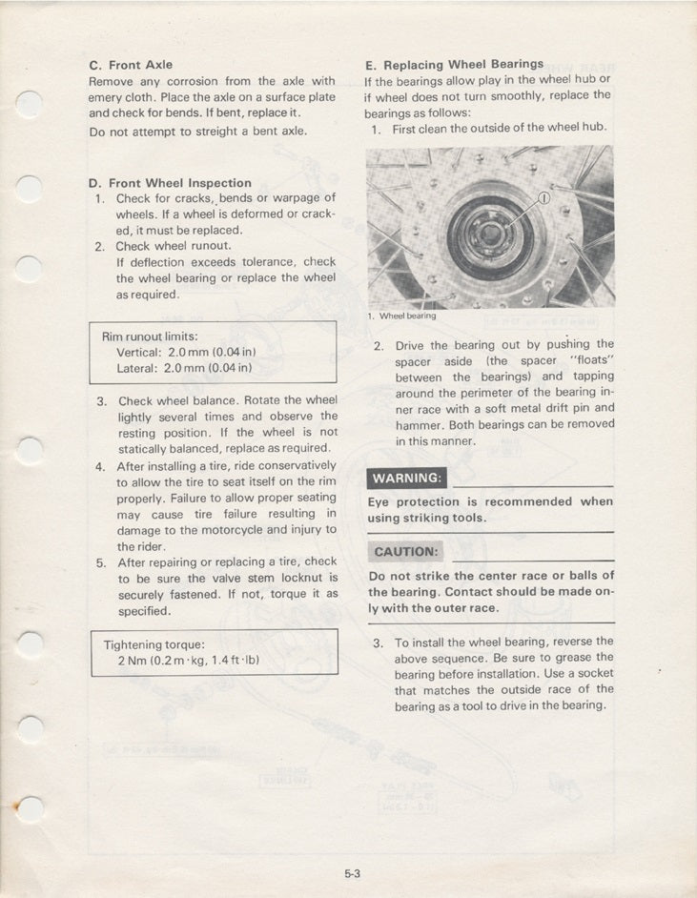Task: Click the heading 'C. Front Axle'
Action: [131, 65]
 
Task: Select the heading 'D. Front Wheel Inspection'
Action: [171, 182]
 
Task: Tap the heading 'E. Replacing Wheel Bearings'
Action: [454, 65]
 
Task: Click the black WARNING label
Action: [406, 478]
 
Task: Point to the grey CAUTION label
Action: [406, 552]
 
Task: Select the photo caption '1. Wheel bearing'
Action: [400, 316]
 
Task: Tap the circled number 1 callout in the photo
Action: [545, 198]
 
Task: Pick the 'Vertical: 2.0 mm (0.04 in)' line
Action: [183, 352]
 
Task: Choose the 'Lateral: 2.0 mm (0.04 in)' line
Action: [183, 367]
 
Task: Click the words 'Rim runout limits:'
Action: [149, 337]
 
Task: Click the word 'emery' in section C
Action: [107, 97]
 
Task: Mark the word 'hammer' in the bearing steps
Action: [418, 424]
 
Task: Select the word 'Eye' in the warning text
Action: [379, 501]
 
